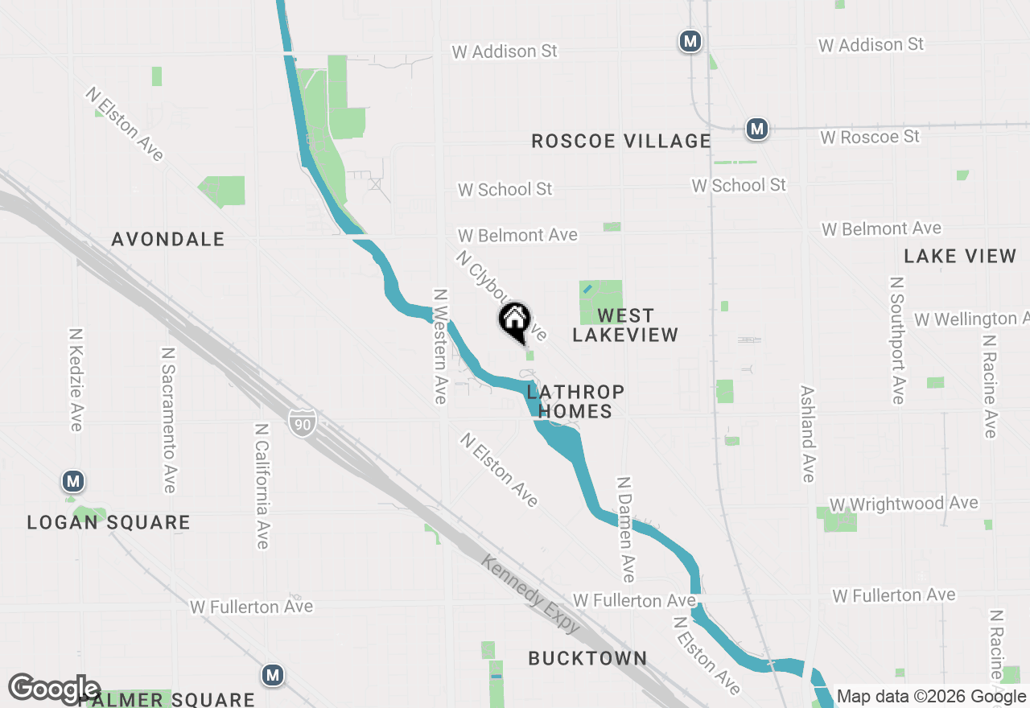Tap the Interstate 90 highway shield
point(303,422)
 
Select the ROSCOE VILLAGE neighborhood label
point(621,142)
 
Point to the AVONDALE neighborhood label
point(168,239)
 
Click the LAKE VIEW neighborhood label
point(960,256)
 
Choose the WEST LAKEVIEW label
point(625,325)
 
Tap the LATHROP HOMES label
point(575,401)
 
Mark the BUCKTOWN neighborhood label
point(587,658)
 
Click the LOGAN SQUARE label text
point(109,522)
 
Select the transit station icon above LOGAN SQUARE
point(73,482)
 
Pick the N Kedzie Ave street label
point(76,379)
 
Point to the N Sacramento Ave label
point(168,420)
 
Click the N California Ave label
point(262,486)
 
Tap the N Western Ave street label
point(439,346)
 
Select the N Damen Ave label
point(625,529)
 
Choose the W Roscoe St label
point(870,137)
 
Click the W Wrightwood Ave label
point(904,504)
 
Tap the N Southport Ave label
point(897,340)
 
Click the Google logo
point(54,689)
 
